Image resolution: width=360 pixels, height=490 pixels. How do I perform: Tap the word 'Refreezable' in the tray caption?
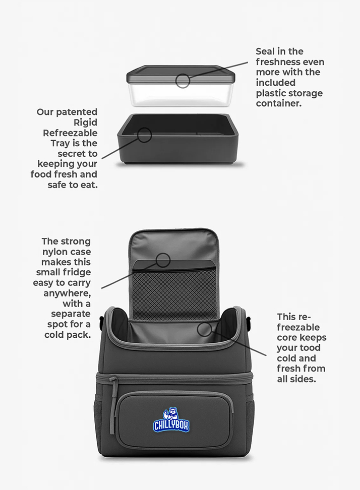70,133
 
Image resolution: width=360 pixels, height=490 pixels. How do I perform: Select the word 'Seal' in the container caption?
265,51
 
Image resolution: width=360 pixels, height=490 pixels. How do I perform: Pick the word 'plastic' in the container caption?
272,93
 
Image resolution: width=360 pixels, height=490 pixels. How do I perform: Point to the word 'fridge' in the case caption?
76,272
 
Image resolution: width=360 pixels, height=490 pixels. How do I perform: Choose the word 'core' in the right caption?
287,337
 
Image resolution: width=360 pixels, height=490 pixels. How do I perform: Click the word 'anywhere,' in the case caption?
67,293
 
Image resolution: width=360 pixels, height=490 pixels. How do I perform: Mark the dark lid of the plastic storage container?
181,75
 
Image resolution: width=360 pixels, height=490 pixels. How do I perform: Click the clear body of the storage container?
181,94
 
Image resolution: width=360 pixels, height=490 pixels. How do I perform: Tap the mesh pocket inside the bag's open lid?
174,292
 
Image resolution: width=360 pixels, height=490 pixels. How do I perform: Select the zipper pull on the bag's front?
112,406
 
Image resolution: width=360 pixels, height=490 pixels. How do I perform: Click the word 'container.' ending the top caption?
279,103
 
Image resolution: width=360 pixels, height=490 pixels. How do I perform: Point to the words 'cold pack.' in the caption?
68,335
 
